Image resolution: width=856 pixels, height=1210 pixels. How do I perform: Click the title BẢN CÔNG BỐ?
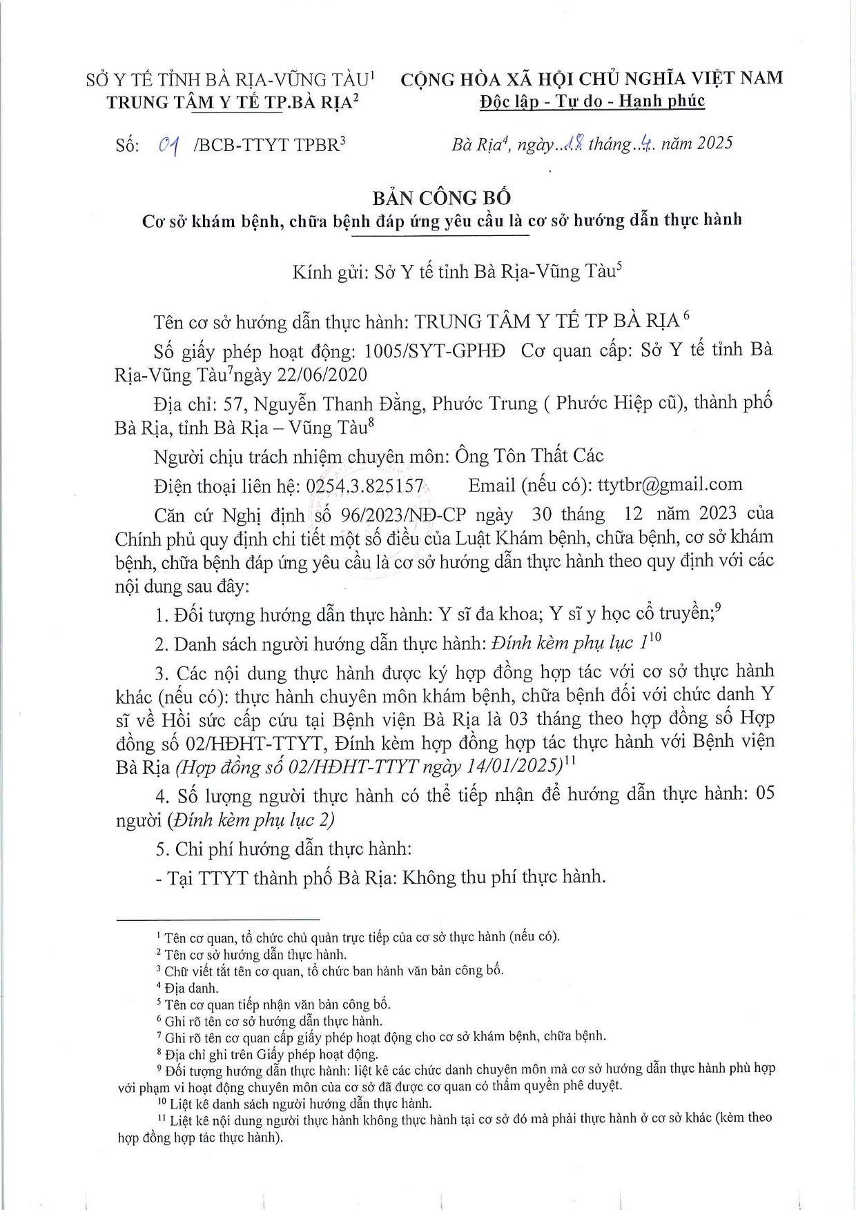point(442,198)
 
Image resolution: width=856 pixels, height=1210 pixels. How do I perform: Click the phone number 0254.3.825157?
point(364,486)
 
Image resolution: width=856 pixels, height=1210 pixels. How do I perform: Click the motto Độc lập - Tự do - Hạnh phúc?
point(592,101)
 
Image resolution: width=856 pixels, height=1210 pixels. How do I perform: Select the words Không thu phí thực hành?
point(503,877)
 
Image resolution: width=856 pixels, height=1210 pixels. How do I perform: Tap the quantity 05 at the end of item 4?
point(765,794)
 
